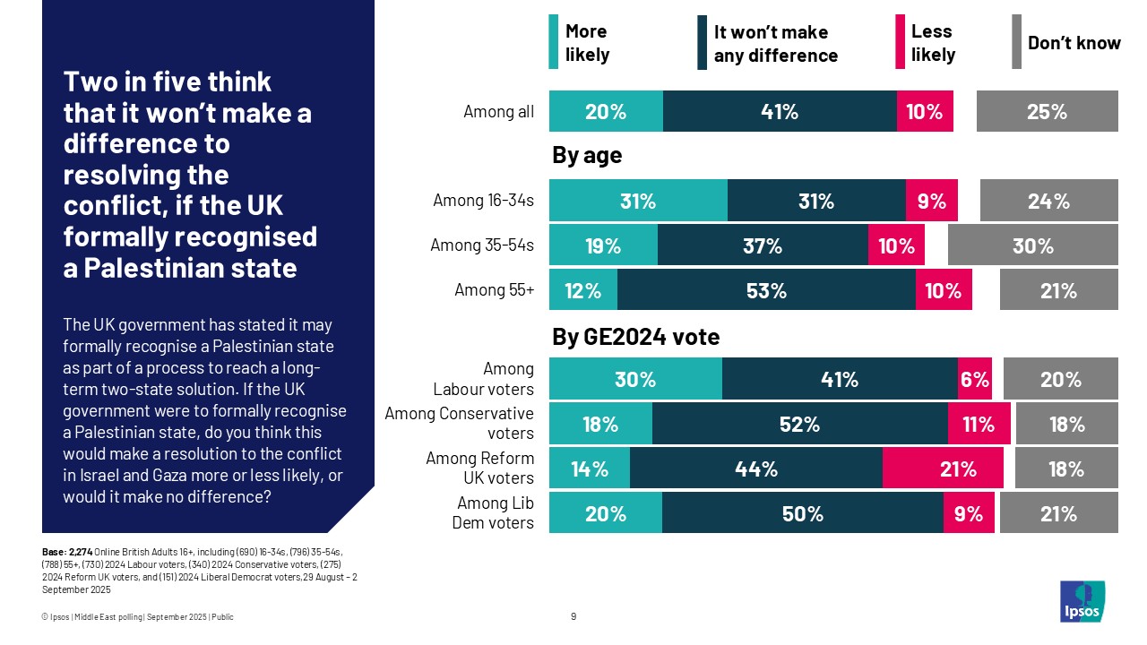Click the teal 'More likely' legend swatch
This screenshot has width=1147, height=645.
(554, 42)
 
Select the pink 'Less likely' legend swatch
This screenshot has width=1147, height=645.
(900, 42)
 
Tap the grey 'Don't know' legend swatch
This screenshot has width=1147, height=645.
(1016, 42)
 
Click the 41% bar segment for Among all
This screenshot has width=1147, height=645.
(780, 111)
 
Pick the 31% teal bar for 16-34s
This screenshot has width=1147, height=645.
(638, 201)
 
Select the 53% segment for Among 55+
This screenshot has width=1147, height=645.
(766, 290)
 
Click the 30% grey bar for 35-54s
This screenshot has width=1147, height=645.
(1032, 245)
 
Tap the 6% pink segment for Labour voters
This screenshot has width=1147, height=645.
(975, 379)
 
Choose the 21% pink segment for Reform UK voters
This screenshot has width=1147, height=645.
(943, 469)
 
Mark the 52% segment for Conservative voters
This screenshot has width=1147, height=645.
(800, 424)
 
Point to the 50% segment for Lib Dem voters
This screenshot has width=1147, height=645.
(802, 513)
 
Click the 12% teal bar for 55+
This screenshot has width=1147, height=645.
(583, 290)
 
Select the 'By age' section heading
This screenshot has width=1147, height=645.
(587, 156)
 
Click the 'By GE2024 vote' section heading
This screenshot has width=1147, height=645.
(635, 337)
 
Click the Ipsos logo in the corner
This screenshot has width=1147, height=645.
(1082, 601)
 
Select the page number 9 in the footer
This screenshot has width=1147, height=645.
(573, 616)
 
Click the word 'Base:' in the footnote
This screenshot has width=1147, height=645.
(54, 552)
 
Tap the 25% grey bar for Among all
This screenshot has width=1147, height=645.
(1047, 111)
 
